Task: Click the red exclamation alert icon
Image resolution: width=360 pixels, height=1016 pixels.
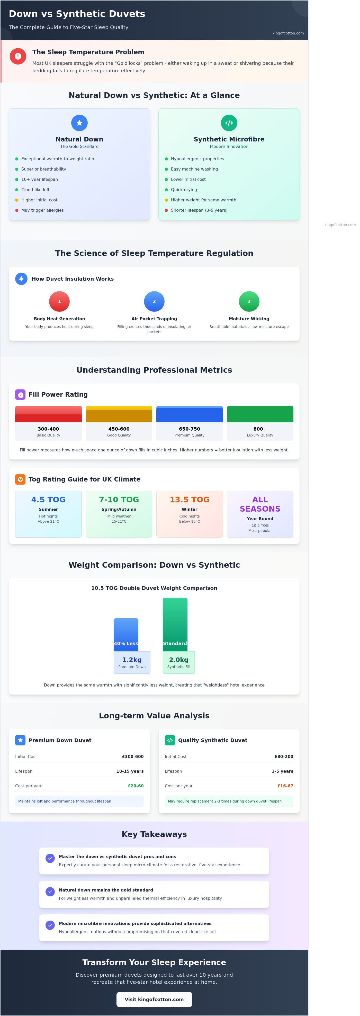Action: (x=18, y=56)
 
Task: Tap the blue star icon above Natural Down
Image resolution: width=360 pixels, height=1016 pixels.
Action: (x=79, y=123)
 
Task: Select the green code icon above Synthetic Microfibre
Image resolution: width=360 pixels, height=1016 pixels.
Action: (x=229, y=123)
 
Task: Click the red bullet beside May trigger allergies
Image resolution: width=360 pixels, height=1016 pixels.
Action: (x=16, y=210)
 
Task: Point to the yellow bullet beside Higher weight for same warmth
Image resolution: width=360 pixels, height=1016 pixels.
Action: (x=166, y=200)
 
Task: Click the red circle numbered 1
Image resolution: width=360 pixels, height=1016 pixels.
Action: (x=60, y=301)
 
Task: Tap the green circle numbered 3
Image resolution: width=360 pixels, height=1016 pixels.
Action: (x=249, y=301)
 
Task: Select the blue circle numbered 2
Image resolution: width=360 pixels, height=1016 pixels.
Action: (x=154, y=301)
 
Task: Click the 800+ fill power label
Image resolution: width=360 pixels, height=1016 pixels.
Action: (x=260, y=429)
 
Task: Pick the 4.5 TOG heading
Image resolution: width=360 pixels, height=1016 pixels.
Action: (x=49, y=499)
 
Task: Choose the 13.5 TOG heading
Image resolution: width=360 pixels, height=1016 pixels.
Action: (x=190, y=499)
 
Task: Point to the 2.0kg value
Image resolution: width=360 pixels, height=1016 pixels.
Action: (x=179, y=659)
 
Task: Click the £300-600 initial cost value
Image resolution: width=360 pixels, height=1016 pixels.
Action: (x=133, y=756)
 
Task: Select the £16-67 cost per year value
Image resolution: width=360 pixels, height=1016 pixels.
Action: (x=285, y=786)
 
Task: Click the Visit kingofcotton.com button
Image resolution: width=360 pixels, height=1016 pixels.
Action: (x=154, y=999)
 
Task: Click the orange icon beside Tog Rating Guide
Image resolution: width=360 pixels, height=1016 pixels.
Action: (x=20, y=479)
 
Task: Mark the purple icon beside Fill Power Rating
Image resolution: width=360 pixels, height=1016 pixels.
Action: (x=20, y=394)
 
